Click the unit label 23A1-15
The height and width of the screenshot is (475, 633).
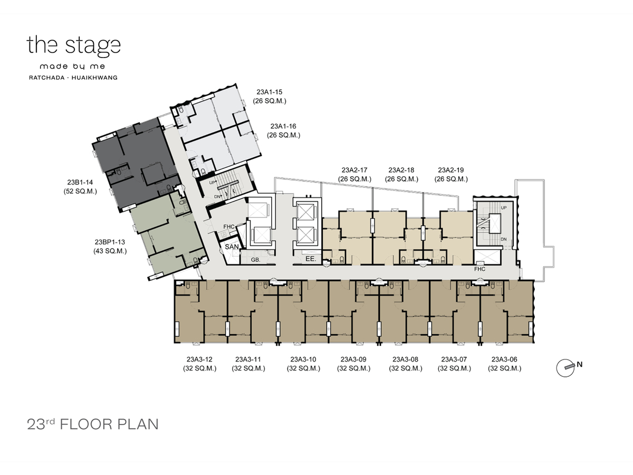tap(270, 92)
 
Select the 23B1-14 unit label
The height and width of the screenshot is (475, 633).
tap(80, 182)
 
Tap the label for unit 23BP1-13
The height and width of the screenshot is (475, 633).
tap(110, 242)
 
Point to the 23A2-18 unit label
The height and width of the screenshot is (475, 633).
tap(401, 170)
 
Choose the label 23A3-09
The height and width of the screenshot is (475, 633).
tap(353, 359)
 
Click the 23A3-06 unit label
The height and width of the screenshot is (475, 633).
tap(504, 359)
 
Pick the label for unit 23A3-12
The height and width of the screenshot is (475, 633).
tap(199, 359)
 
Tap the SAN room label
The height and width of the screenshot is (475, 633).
tap(232, 247)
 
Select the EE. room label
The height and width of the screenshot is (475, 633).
tap(311, 259)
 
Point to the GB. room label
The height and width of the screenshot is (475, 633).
tap(255, 260)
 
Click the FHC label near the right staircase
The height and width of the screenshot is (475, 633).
tap(480, 269)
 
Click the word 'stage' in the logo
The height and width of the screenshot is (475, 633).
tap(93, 45)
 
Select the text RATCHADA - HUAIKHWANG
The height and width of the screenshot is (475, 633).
tap(73, 78)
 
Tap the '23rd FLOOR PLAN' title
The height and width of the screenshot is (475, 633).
tap(93, 424)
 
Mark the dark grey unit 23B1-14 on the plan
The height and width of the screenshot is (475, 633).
tap(136, 164)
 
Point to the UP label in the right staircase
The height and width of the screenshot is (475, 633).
tap(504, 207)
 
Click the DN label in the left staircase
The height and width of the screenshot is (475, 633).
tap(218, 197)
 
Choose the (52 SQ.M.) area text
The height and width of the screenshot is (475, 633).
tap(80, 191)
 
